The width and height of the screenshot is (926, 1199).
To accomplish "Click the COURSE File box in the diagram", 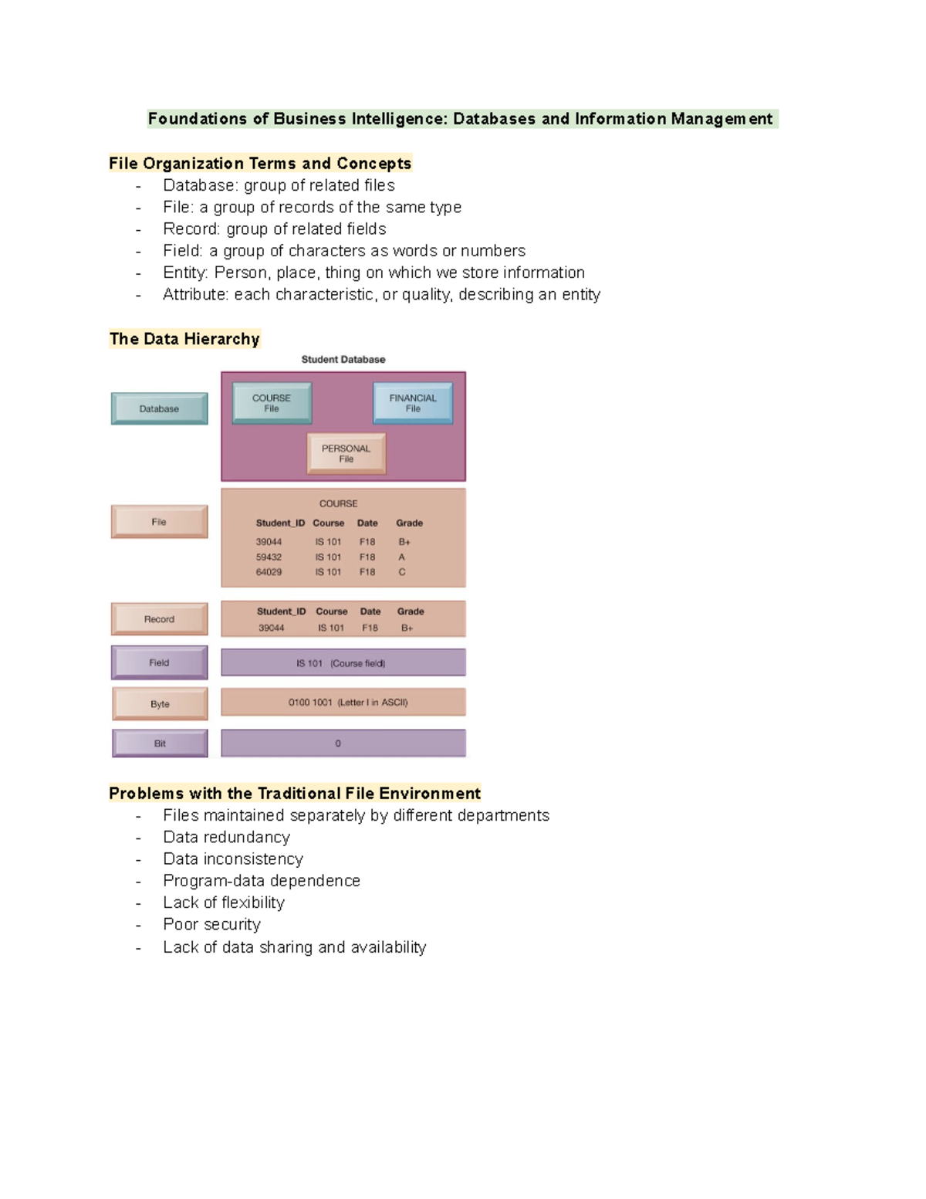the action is coord(272,403).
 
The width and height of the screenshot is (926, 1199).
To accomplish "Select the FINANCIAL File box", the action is coord(413,403).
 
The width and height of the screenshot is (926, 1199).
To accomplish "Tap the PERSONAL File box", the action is coord(346,453).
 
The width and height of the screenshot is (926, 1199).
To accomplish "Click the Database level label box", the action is coord(159,408).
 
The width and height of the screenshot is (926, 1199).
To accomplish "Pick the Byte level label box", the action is coord(160,703).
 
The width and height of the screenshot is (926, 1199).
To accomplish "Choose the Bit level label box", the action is coord(160,743).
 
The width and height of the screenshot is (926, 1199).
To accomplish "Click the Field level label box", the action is coord(159,662).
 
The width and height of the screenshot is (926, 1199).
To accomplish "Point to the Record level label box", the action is coord(159,619).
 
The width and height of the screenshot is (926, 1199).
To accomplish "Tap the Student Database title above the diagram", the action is coord(343,360).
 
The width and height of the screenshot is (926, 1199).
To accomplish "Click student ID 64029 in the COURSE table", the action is coord(269,572).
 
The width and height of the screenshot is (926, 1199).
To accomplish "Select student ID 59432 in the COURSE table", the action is coord(269,557).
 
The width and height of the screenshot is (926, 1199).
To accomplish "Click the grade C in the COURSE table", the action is coord(402,572).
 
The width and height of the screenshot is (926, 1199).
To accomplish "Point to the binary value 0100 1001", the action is coord(310,703).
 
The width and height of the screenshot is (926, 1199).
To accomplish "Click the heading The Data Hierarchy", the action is coord(184,339).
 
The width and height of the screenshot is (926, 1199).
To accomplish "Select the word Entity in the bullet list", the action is coord(184,273).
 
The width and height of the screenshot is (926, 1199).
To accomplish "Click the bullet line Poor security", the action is coord(211,924).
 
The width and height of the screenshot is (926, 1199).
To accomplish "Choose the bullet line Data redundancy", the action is coord(226,837).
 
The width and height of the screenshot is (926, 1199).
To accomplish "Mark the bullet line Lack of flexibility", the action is coord(223,903).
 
